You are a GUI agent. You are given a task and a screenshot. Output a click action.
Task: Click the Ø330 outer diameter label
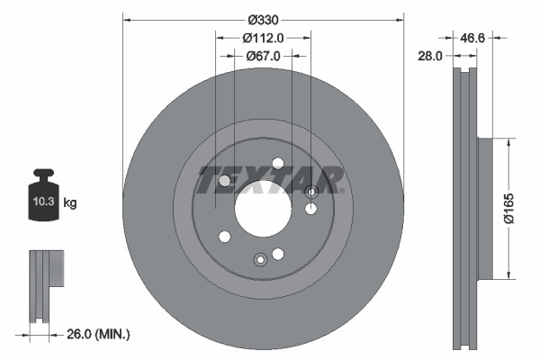263,20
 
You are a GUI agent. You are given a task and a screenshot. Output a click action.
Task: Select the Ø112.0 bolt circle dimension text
263,38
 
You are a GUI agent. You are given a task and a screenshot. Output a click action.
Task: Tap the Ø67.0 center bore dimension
263,56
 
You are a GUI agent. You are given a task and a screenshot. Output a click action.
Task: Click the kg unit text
71,204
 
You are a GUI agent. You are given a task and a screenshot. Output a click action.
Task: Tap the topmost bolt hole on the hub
277,163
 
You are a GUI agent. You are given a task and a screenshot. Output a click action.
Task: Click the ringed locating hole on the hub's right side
312,191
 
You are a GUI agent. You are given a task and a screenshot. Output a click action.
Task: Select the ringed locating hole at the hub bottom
260,260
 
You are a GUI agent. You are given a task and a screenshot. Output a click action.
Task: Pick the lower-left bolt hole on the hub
224,237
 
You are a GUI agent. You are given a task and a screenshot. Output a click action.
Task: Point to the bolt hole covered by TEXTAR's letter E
225,181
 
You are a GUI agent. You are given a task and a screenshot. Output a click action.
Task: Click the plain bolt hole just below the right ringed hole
310,210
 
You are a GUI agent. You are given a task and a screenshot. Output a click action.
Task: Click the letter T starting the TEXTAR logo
209,180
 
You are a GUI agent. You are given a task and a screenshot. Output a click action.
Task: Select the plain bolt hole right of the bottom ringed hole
278,254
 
